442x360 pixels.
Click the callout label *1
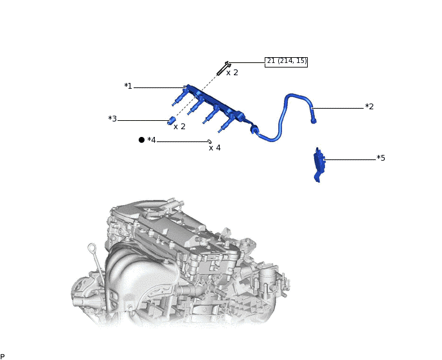[128, 86]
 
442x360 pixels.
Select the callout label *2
[369, 107]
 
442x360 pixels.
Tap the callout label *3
[112, 119]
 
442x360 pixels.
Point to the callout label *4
[152, 140]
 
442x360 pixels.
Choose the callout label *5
[381, 157]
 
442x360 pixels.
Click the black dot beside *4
[141, 139]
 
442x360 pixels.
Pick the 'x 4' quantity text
[215, 148]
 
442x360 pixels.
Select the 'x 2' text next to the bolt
[232, 73]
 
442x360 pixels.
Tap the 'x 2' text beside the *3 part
[179, 127]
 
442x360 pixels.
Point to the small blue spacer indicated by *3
[172, 120]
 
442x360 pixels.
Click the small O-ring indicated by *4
[209, 141]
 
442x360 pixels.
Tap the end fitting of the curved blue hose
[313, 118]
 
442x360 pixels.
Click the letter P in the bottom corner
[3, 356]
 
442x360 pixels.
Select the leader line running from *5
[350, 159]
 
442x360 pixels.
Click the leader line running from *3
[143, 120]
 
